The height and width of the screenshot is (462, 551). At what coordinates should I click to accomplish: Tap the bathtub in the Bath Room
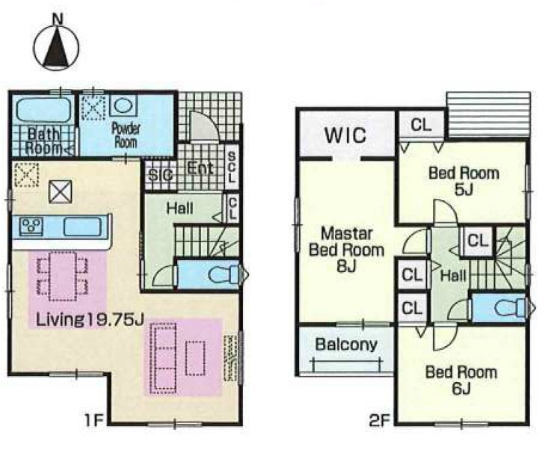click(x=43, y=110)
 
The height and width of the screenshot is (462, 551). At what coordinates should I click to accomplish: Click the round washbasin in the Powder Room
click(x=123, y=105)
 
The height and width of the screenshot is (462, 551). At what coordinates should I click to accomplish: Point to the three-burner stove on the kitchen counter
click(x=31, y=226)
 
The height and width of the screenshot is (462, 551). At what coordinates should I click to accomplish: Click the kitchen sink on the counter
click(x=82, y=227)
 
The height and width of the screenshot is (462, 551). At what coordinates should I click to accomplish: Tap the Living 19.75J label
click(x=90, y=320)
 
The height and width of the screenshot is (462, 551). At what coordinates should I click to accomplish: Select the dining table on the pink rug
click(x=63, y=276)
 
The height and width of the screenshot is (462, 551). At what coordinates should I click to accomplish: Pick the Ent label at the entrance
click(x=200, y=169)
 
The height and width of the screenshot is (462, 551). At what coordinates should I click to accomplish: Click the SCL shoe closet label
click(x=232, y=167)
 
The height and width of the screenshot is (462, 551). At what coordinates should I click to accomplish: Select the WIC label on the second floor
click(x=345, y=135)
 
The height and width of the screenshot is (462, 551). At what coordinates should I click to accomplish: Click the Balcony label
click(x=346, y=345)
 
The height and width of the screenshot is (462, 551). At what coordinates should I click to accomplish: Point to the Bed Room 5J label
click(x=464, y=182)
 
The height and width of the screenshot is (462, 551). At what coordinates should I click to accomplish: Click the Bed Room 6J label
click(x=461, y=381)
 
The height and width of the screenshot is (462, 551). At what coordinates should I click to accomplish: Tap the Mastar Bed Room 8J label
click(x=346, y=250)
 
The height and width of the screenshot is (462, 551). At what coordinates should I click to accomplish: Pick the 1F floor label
click(x=93, y=420)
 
